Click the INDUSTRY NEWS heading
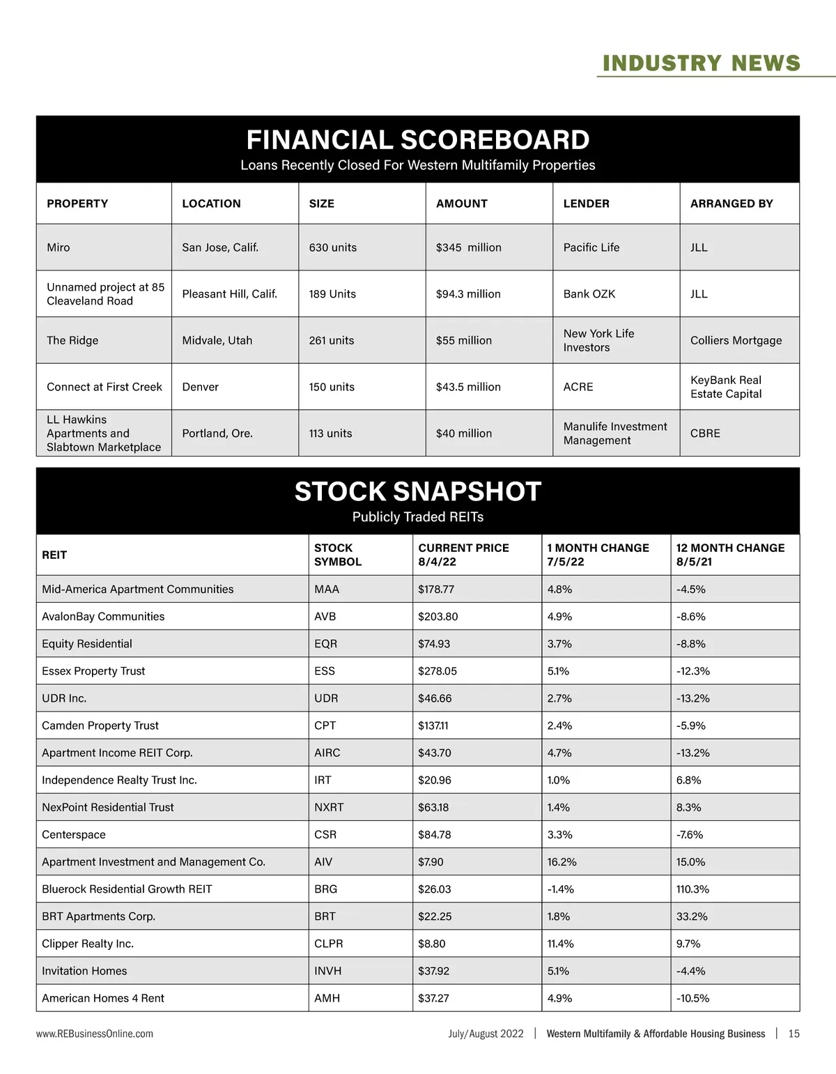point(701,63)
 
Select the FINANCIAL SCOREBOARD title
point(417,140)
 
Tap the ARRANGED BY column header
point(731,204)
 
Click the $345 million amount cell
point(468,247)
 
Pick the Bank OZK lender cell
point(589,294)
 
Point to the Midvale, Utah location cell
point(217,340)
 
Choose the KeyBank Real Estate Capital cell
point(726,387)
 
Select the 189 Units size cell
point(332,294)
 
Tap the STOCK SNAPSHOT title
point(417,492)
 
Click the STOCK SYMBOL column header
point(338,555)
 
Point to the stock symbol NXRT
point(329,807)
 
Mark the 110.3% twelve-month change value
point(692,889)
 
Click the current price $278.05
point(438,671)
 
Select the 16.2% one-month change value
point(562,862)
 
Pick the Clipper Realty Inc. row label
point(88,944)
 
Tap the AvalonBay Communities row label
point(103,617)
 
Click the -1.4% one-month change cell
point(561,889)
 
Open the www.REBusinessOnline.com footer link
point(95,1034)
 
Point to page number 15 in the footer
point(794,1034)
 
